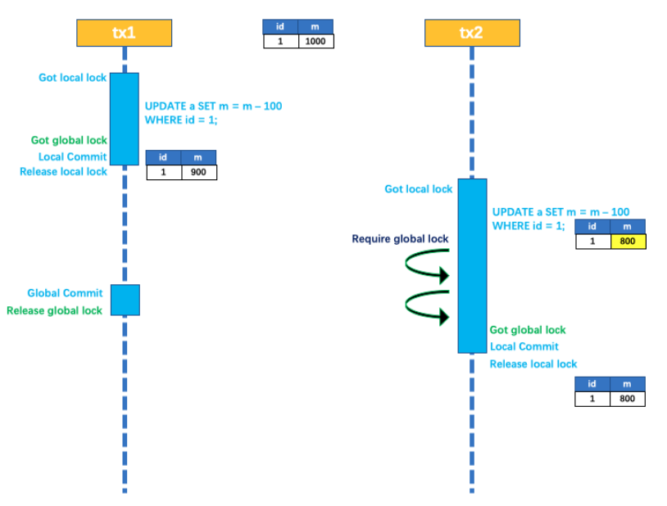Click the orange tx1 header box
point(124,33)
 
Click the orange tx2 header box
point(472,33)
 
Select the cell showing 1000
point(315,41)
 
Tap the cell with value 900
point(198,172)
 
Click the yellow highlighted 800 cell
point(628,242)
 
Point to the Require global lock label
point(400,239)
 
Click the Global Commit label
point(65,293)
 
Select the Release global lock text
point(54,310)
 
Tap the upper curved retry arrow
point(429,266)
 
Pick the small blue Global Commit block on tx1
point(125,300)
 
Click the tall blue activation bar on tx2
point(472,265)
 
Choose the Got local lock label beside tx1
point(72,78)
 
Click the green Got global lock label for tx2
point(528,330)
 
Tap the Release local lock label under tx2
point(533,364)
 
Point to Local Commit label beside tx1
point(72,156)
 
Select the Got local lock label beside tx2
point(418,189)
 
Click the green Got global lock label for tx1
point(69,140)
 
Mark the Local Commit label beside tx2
point(524,346)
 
